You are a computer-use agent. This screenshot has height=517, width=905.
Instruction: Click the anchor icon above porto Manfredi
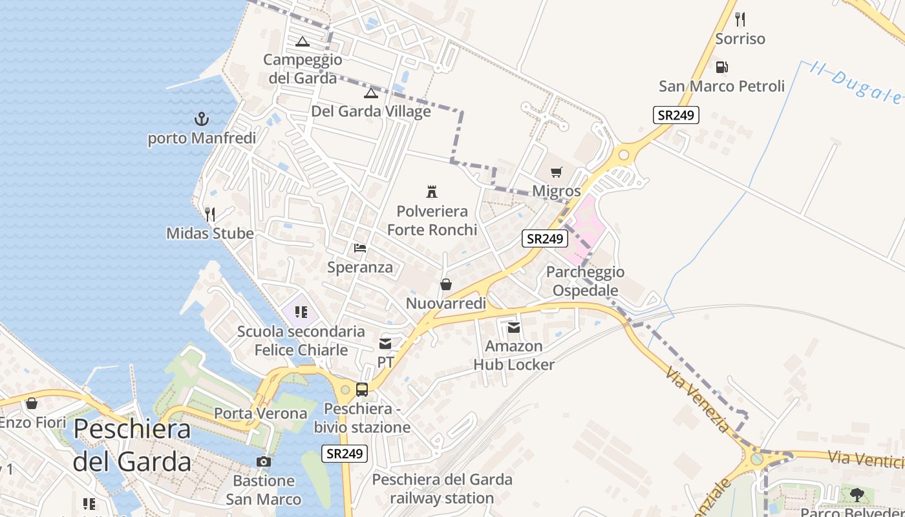(x=202, y=118)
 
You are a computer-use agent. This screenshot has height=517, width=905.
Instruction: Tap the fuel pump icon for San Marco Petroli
(x=721, y=67)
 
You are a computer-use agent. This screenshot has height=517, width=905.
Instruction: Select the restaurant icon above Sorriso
(x=740, y=19)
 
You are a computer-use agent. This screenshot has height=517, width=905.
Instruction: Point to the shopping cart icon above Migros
(x=556, y=172)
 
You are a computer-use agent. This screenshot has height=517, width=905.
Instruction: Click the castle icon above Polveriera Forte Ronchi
(x=432, y=191)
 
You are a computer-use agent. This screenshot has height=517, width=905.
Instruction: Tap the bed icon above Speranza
(x=360, y=248)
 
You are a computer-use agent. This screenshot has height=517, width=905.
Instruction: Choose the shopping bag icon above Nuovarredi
(x=445, y=284)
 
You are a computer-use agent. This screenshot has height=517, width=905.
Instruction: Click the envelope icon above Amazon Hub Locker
(x=514, y=328)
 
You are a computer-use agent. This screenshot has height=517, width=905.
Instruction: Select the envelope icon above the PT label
(x=385, y=343)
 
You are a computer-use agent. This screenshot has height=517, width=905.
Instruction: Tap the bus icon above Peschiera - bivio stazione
(x=362, y=390)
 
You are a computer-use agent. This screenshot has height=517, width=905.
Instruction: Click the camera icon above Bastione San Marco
(x=264, y=461)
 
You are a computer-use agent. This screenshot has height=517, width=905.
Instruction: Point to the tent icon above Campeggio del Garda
(x=302, y=42)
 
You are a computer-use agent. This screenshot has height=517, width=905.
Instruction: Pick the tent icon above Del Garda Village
(x=370, y=93)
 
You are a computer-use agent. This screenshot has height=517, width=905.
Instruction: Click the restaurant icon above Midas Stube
(x=209, y=214)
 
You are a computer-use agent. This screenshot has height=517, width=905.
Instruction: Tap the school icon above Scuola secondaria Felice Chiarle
(x=301, y=312)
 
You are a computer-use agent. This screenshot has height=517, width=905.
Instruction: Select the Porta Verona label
(x=261, y=413)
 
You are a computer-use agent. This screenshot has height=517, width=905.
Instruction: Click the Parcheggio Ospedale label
(x=586, y=281)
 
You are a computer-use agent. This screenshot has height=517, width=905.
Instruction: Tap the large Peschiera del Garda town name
(x=132, y=445)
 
